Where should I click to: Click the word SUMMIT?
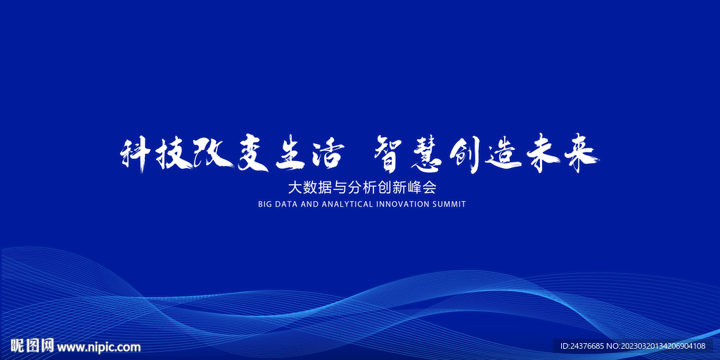click(x=450, y=205)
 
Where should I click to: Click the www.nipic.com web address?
click(x=98, y=347)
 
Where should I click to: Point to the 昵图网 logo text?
click(x=32, y=346)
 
